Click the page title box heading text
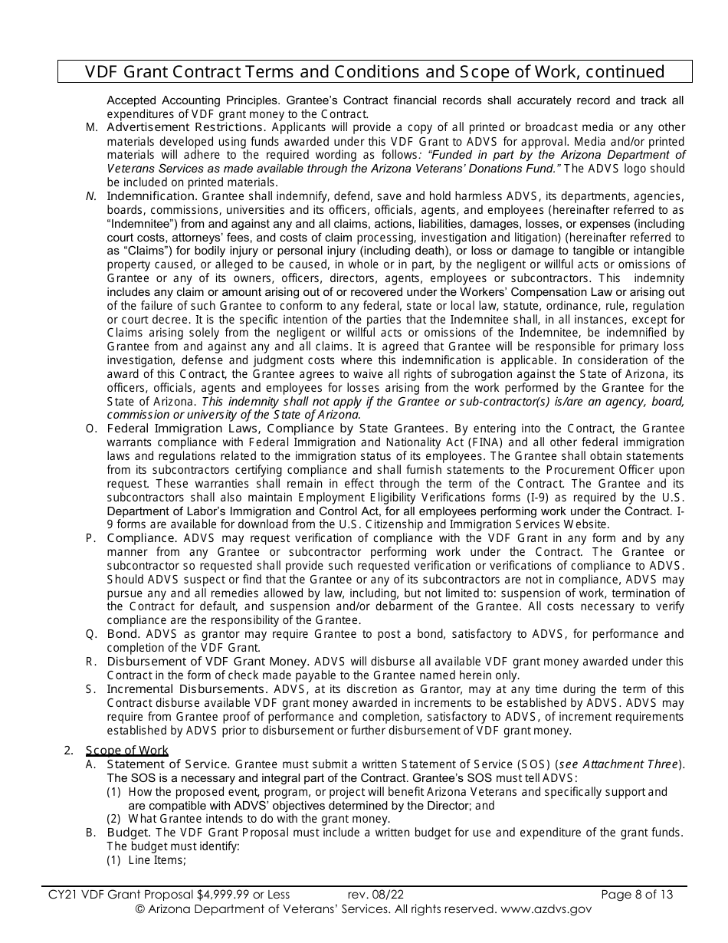tap(375, 72)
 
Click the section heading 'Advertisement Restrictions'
tap(185, 127)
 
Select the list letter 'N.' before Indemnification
tap(91, 196)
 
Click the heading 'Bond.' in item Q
tap(124, 634)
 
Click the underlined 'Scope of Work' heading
tap(126, 751)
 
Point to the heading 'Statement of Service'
tap(168, 764)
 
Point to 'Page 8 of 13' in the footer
tap(637, 894)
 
